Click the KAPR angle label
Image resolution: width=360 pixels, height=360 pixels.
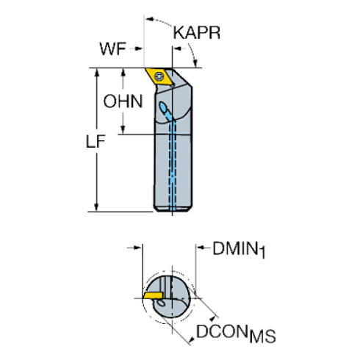click(197, 34)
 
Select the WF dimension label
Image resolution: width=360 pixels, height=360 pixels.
click(111, 50)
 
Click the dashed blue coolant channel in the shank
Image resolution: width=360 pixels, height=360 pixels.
click(173, 169)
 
